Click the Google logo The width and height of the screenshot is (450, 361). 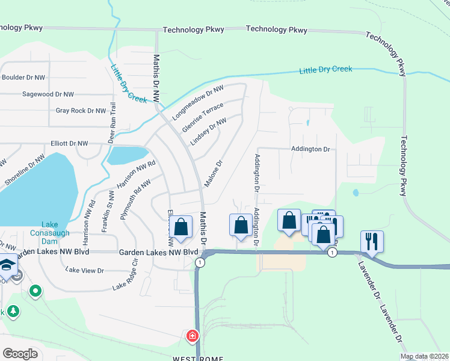click(20, 354)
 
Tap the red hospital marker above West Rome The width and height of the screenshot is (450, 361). click(193, 335)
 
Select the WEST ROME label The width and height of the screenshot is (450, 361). click(198, 358)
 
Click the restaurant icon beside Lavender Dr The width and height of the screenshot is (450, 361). click(372, 242)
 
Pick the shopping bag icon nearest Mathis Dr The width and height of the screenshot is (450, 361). click(180, 227)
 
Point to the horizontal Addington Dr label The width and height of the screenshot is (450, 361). click(310, 149)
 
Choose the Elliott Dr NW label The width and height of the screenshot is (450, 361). click(70, 144)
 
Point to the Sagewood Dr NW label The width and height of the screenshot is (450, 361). click(48, 94)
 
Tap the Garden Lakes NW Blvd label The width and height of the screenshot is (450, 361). click(158, 253)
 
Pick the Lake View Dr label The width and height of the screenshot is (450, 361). click(86, 271)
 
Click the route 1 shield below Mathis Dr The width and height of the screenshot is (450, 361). click(199, 262)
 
